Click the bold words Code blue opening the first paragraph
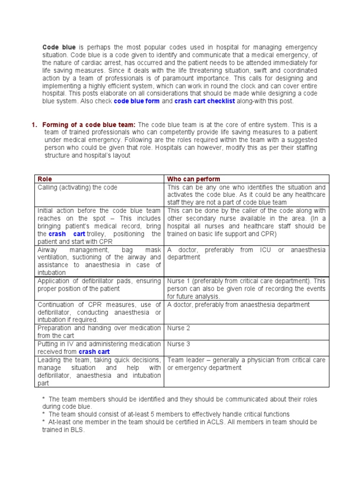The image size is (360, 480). [x=59, y=47]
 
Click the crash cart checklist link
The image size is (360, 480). [x=205, y=101]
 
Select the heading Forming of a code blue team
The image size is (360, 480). [x=89, y=124]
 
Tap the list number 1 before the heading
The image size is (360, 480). [x=34, y=124]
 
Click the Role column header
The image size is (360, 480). [x=45, y=179]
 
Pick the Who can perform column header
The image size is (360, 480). [x=194, y=179]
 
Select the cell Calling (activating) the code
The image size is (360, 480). [x=77, y=187]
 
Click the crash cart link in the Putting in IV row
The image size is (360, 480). [x=94, y=352]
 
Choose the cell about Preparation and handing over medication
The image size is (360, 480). [x=99, y=331]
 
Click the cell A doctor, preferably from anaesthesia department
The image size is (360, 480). [x=238, y=305]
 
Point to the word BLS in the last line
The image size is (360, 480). [x=77, y=430]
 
